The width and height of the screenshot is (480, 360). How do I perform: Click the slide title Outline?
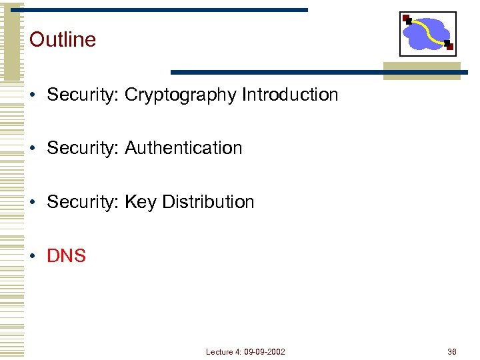(x=63, y=39)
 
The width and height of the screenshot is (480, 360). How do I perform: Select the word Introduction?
(x=290, y=95)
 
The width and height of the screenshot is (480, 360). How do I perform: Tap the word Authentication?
(x=183, y=148)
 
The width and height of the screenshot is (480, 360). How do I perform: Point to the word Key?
(x=140, y=202)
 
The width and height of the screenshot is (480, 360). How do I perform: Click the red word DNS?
(x=67, y=256)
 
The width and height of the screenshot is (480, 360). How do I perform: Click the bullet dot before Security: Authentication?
(x=33, y=149)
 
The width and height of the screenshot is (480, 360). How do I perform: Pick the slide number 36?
(x=452, y=351)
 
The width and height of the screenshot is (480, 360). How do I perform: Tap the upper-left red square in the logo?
(x=407, y=19)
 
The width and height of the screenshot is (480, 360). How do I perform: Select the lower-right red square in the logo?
(x=449, y=46)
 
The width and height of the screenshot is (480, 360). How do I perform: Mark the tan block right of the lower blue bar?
(x=421, y=71)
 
